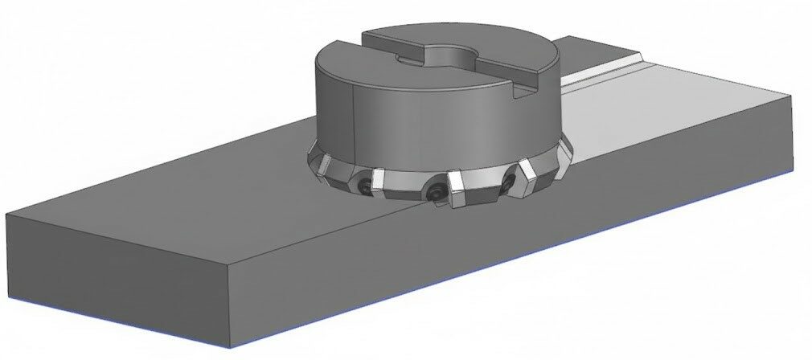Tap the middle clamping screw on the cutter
435,193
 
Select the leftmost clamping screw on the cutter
366,185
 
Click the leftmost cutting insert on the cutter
319,165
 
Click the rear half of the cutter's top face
450,36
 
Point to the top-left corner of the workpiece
7,215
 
